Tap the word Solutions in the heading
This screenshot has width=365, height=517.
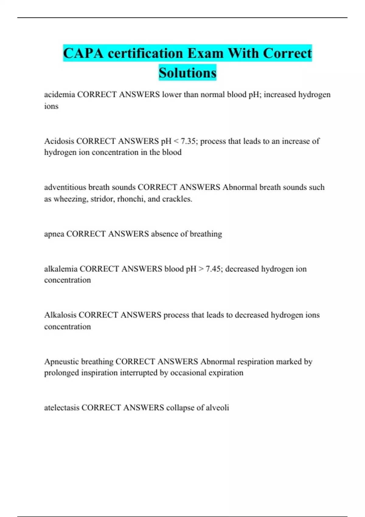pyautogui.click(x=187, y=73)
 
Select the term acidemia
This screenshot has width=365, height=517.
pyautogui.click(x=59, y=95)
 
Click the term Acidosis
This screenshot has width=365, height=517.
pyautogui.click(x=59, y=141)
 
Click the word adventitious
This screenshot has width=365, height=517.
pyautogui.click(x=65, y=187)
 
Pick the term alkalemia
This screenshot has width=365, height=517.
pyautogui.click(x=61, y=269)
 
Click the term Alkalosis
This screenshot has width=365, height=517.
pyautogui.click(x=60, y=315)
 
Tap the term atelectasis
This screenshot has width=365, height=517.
pyautogui.click(x=62, y=408)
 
